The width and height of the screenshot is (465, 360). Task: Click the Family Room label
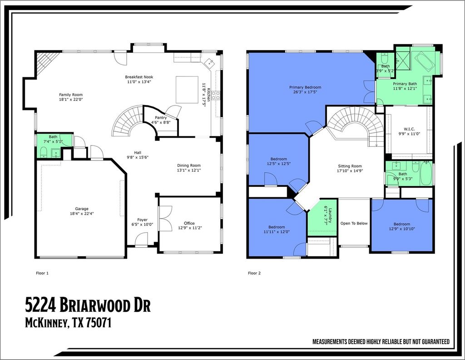click(x=70, y=95)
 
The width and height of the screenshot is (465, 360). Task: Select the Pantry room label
click(x=161, y=118)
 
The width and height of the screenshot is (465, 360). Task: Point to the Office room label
click(x=189, y=223)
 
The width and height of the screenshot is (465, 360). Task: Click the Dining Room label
click(x=189, y=165)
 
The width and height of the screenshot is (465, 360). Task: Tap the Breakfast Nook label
click(x=139, y=77)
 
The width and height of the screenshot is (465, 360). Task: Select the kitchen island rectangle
click(x=187, y=90)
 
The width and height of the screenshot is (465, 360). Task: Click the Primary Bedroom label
click(x=305, y=87)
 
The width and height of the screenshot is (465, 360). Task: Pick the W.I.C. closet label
click(x=409, y=129)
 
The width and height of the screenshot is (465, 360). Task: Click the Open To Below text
click(x=354, y=223)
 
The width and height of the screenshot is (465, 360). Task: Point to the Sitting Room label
click(x=350, y=166)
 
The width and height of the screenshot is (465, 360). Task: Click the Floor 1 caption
click(x=42, y=273)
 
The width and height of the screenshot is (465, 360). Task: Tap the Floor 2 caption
click(x=254, y=273)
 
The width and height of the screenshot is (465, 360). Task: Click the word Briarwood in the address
click(x=96, y=305)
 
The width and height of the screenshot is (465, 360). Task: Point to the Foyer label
click(x=142, y=220)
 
